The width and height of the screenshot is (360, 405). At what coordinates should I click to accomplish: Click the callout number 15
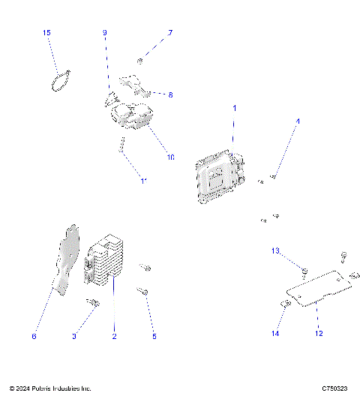point(46,33)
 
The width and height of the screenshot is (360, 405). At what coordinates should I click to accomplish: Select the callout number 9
point(105,33)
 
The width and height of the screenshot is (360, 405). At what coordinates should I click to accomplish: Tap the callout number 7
point(170,33)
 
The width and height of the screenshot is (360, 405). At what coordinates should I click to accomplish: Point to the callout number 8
point(170,95)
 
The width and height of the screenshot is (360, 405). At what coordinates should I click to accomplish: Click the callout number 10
point(170,157)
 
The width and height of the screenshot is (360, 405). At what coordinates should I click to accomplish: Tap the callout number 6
point(34,337)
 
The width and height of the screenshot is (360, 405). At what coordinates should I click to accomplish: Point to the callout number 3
point(74,337)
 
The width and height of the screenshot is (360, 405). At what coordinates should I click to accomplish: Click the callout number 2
point(114,337)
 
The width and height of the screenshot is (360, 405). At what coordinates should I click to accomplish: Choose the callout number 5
point(154,337)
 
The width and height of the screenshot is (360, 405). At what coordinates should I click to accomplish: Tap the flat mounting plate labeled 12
point(319,289)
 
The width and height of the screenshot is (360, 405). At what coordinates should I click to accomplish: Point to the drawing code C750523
point(334,388)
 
